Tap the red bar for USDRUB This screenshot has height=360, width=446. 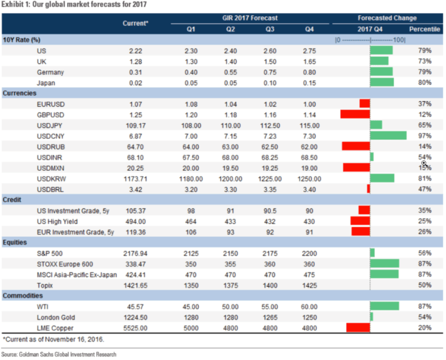356,146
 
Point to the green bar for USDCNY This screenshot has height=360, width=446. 388,135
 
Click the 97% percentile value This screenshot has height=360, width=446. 424,135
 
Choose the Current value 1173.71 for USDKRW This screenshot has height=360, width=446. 139,178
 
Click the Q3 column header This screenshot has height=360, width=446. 270,28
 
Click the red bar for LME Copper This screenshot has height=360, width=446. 358,327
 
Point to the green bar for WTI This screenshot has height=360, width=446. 384,306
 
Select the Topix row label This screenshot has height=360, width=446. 45,285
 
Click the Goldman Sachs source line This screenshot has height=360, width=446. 58,354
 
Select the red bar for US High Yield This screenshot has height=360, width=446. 360,221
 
